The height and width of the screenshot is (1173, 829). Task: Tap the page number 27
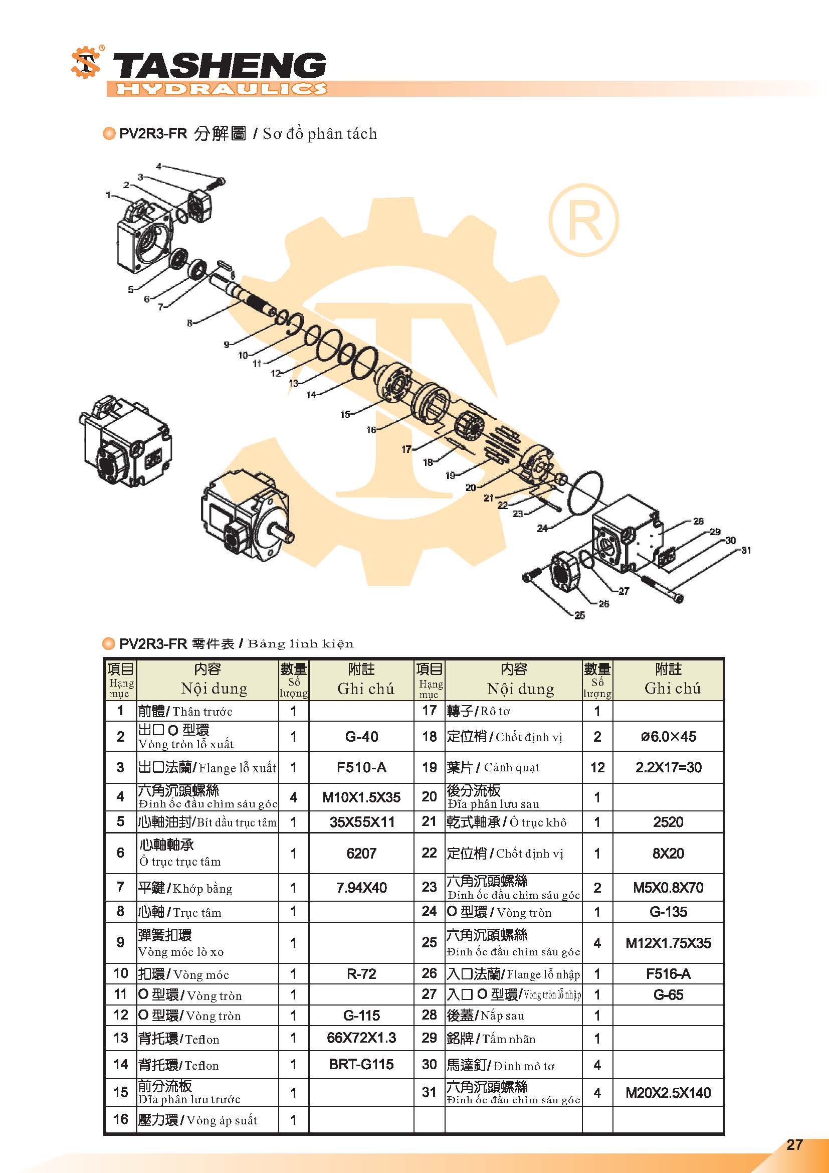(x=795, y=1144)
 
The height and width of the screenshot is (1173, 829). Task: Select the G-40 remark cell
(x=361, y=736)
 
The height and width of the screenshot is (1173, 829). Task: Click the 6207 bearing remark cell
(x=361, y=853)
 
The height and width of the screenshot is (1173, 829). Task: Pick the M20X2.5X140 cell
(x=668, y=1093)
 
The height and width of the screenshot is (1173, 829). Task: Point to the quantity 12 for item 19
(x=597, y=767)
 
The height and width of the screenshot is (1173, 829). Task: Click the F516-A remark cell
(x=668, y=974)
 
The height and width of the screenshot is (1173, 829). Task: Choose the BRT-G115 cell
(x=361, y=1064)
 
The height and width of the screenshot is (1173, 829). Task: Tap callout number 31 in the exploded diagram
(x=746, y=550)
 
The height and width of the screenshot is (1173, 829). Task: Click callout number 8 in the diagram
(x=190, y=323)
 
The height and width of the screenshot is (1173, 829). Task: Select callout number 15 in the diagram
(x=345, y=414)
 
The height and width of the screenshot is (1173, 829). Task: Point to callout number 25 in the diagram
(x=579, y=616)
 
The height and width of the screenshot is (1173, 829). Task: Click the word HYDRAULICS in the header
(x=221, y=89)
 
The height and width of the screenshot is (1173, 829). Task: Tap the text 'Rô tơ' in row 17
(x=495, y=711)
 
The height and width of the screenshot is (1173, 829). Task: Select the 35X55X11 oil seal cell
(x=361, y=822)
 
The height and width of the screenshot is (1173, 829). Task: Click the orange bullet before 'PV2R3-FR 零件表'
(x=109, y=643)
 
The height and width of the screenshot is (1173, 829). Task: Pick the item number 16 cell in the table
(x=120, y=1119)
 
